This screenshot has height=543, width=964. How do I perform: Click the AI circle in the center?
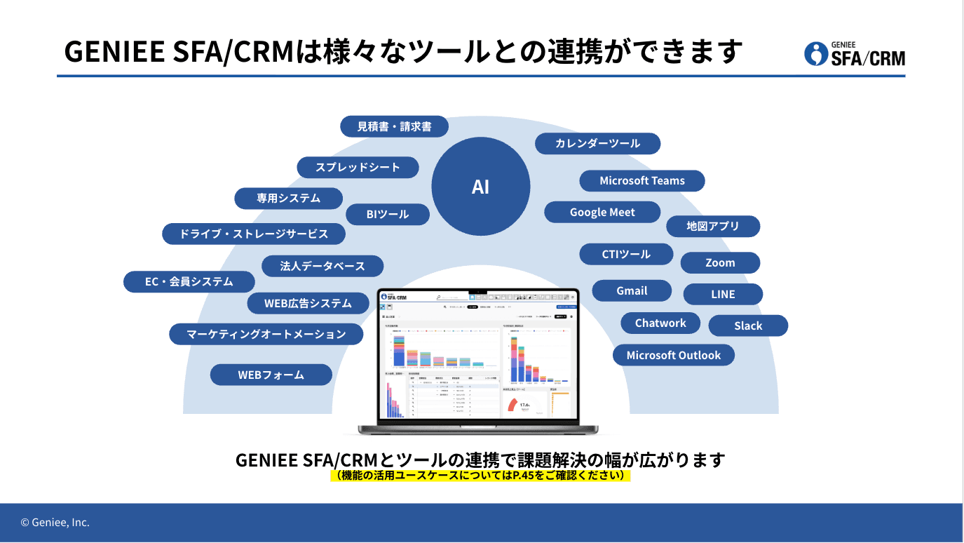pos(480,186)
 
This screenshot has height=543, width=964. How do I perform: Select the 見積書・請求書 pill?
pos(394,127)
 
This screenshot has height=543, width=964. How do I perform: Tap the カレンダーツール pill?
pos(597,143)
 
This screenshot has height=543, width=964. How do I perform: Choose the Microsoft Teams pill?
pos(641,180)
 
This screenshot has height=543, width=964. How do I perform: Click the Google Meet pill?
pos(602,212)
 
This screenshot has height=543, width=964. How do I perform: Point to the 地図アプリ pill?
pos(712,226)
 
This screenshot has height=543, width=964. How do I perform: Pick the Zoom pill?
pos(720,262)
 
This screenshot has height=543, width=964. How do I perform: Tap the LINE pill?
pos(722,294)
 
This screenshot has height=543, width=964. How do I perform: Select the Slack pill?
pos(748,326)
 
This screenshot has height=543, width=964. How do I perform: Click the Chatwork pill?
pos(660,323)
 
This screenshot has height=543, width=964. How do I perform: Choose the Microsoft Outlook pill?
pos(673,355)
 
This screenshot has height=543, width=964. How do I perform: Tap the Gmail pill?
pos(632,290)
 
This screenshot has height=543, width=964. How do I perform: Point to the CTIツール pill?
pos(626,254)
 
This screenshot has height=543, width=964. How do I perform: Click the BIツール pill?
pos(387,214)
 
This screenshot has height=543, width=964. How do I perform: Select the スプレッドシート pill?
pos(358,167)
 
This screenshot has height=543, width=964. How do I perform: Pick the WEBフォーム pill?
pos(271,375)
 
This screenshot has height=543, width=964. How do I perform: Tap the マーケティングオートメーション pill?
pos(266,334)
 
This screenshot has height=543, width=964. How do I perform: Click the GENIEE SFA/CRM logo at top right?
pos(855,53)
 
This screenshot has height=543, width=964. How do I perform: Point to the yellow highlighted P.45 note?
pos(480,476)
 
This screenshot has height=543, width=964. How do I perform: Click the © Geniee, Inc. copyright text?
pos(55,523)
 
